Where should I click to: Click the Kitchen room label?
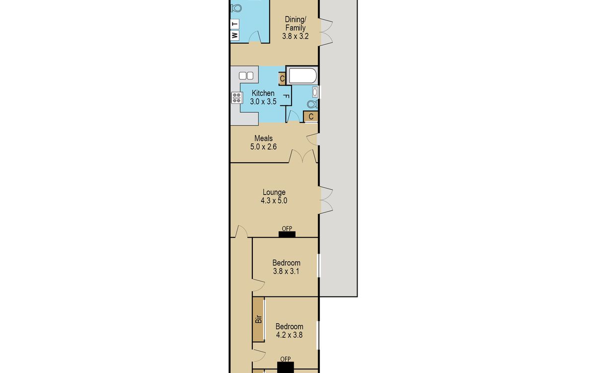coord(263,93)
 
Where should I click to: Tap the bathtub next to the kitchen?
coord(303,76)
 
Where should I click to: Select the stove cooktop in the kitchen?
coord(237,97)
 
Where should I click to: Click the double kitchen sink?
coord(246,76)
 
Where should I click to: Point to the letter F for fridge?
coord(286,96)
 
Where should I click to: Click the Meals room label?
coord(263,138)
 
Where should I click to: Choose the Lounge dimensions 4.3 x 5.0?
coord(274,200)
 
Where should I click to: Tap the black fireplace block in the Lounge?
coord(287,234)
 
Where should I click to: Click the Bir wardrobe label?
coord(259,319)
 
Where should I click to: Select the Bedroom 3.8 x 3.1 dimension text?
coord(286,272)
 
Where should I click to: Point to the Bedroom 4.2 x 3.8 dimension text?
coord(289,335)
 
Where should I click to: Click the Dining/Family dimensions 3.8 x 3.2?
coord(296,36)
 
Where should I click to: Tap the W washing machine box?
coord(234,35)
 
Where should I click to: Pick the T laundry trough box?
coord(234,24)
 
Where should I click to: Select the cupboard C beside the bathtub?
coord(282,79)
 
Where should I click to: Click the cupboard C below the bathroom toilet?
coord(311,116)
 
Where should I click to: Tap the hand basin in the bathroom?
coord(315,92)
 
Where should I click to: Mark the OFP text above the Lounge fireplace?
coord(287,228)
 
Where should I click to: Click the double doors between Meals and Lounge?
coord(303,156)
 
